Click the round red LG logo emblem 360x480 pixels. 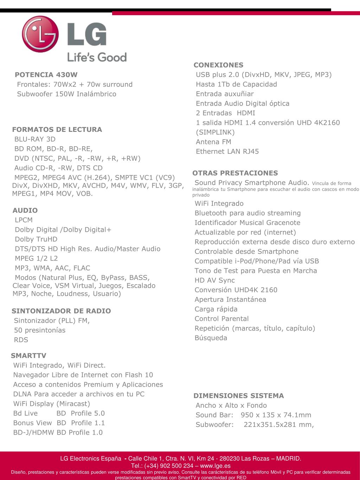tap(40, 34)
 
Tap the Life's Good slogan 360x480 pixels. tap(97, 57)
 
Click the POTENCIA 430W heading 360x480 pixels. tap(46, 75)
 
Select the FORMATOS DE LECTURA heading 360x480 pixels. tap(57, 129)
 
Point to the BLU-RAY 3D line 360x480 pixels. tap(35, 139)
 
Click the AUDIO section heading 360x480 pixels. tap(25, 210)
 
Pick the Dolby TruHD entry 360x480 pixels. tap(36, 239)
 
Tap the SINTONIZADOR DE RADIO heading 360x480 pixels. tap(61, 311)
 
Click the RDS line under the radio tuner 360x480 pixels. tap(21, 340)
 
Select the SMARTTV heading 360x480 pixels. tap(28, 356)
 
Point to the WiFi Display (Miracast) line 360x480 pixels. tap(51, 404)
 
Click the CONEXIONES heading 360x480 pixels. tap(218, 65)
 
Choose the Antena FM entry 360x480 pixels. tap(213, 142)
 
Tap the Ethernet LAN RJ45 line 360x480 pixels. tap(227, 151)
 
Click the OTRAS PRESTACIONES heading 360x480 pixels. tap(235, 173)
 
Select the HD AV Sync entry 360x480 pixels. tap(214, 280)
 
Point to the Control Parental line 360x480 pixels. tap(221, 319)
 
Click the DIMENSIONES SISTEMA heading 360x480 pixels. tap(238, 396)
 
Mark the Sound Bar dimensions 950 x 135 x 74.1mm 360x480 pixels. tap(276, 415)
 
